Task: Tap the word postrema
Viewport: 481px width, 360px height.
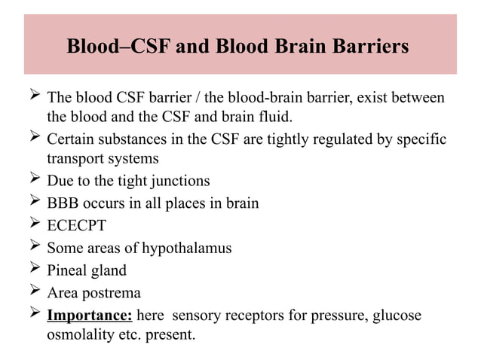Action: [x=112, y=291]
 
